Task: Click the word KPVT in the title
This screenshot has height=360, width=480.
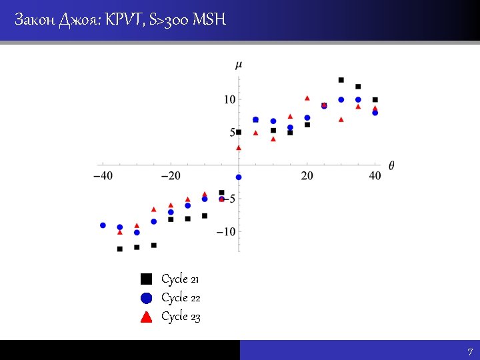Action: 123,20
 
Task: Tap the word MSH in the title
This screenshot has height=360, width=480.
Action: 209,20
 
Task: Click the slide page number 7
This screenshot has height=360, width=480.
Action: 470,352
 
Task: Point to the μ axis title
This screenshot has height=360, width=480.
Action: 239,64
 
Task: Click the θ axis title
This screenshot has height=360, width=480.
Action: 391,165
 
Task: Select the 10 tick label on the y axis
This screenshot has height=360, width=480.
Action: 229,99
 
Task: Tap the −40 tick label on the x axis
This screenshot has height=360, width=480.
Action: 102,175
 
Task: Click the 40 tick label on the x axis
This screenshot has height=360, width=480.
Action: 375,175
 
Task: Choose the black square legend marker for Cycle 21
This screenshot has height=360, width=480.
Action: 147,279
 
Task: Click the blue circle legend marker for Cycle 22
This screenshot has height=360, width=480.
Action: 147,297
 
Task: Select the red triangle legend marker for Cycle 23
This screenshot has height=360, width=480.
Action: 147,316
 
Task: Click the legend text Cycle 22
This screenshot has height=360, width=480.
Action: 181,297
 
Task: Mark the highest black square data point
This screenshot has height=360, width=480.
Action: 341,80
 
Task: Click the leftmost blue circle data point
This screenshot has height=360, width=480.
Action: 103,225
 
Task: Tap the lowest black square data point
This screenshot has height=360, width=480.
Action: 120,249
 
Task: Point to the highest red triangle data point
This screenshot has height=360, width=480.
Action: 307,98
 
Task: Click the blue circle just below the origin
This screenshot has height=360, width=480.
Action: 239,177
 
